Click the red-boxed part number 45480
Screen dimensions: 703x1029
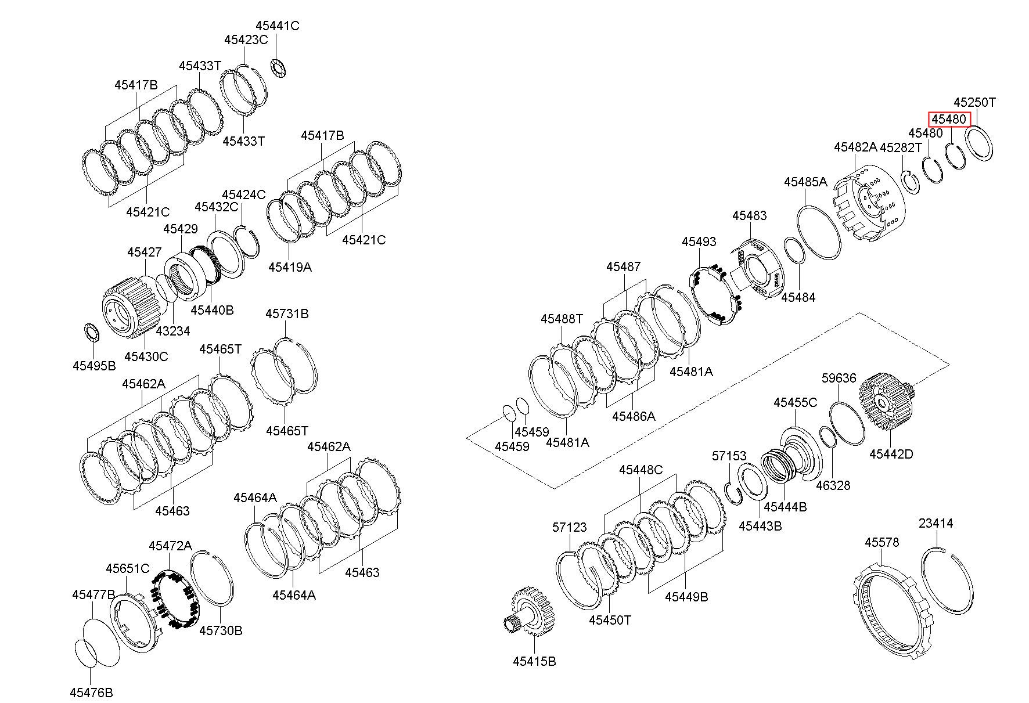pyautogui.click(x=949, y=120)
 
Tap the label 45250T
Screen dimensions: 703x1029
pyautogui.click(x=974, y=103)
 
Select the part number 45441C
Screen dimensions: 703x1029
pyautogui.click(x=277, y=26)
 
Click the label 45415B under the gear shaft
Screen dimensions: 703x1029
pyautogui.click(x=534, y=661)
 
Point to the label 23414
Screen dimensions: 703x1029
pyautogui.click(x=936, y=523)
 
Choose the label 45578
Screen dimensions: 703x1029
pyautogui.click(x=882, y=542)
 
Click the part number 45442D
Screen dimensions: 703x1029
pyautogui.click(x=891, y=454)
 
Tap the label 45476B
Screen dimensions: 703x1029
pyautogui.click(x=91, y=693)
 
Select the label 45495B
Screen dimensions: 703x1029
pyautogui.click(x=94, y=365)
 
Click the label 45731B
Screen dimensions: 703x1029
pyautogui.click(x=287, y=313)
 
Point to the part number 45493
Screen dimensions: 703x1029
pyautogui.click(x=699, y=241)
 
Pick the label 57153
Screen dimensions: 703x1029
pyautogui.click(x=729, y=456)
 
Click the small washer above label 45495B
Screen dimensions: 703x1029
pyautogui.click(x=92, y=332)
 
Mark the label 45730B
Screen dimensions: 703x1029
pyautogui.click(x=221, y=630)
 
